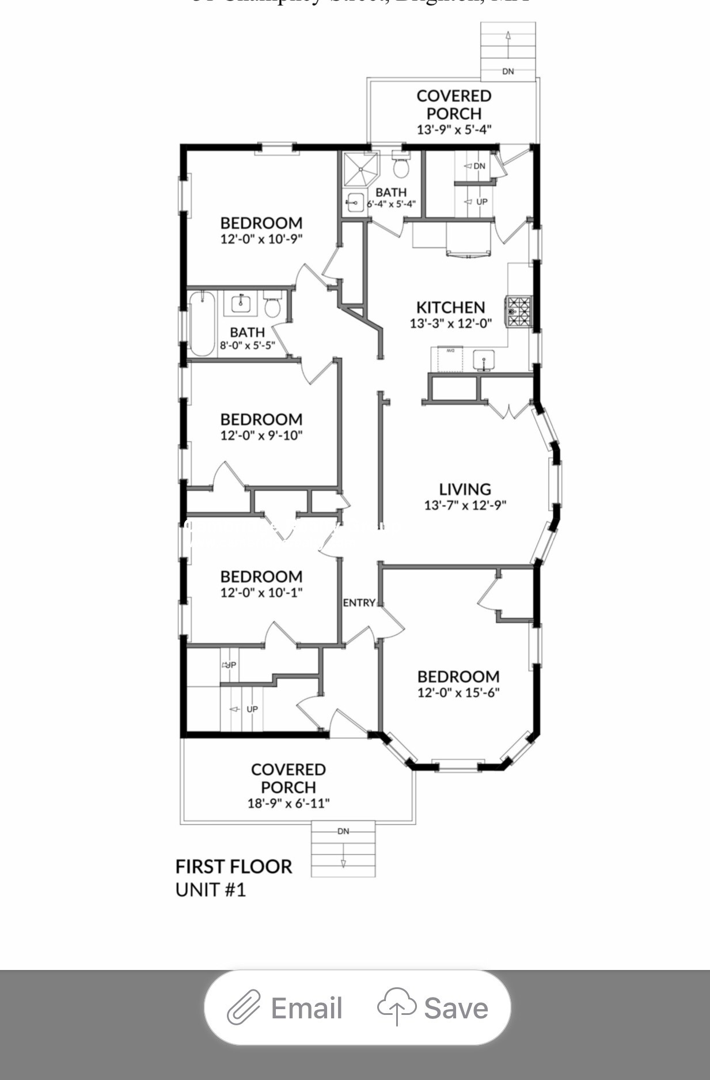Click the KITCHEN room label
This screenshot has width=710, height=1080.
tap(450, 307)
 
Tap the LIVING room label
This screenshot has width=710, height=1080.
tap(465, 489)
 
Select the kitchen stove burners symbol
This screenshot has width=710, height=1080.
tap(519, 311)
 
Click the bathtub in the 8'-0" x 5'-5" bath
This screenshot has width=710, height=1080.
tap(202, 324)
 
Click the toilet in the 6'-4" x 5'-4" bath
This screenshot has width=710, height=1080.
tap(401, 166)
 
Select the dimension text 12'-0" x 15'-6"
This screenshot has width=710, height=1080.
tap(458, 692)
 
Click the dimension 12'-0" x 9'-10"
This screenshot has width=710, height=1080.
tap(261, 435)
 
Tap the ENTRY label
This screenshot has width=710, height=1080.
tap(359, 602)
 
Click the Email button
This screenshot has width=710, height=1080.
tap(286, 1008)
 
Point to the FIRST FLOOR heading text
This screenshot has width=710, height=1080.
tap(233, 866)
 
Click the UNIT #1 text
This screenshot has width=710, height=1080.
tap(210, 890)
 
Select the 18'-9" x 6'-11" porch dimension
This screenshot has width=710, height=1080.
tap(288, 803)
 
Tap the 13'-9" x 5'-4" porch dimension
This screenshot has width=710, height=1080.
tap(454, 130)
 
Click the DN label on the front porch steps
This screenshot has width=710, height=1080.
tap(343, 831)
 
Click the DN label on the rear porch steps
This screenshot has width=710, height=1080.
tap(508, 71)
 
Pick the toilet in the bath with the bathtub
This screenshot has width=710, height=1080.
tap(272, 306)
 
